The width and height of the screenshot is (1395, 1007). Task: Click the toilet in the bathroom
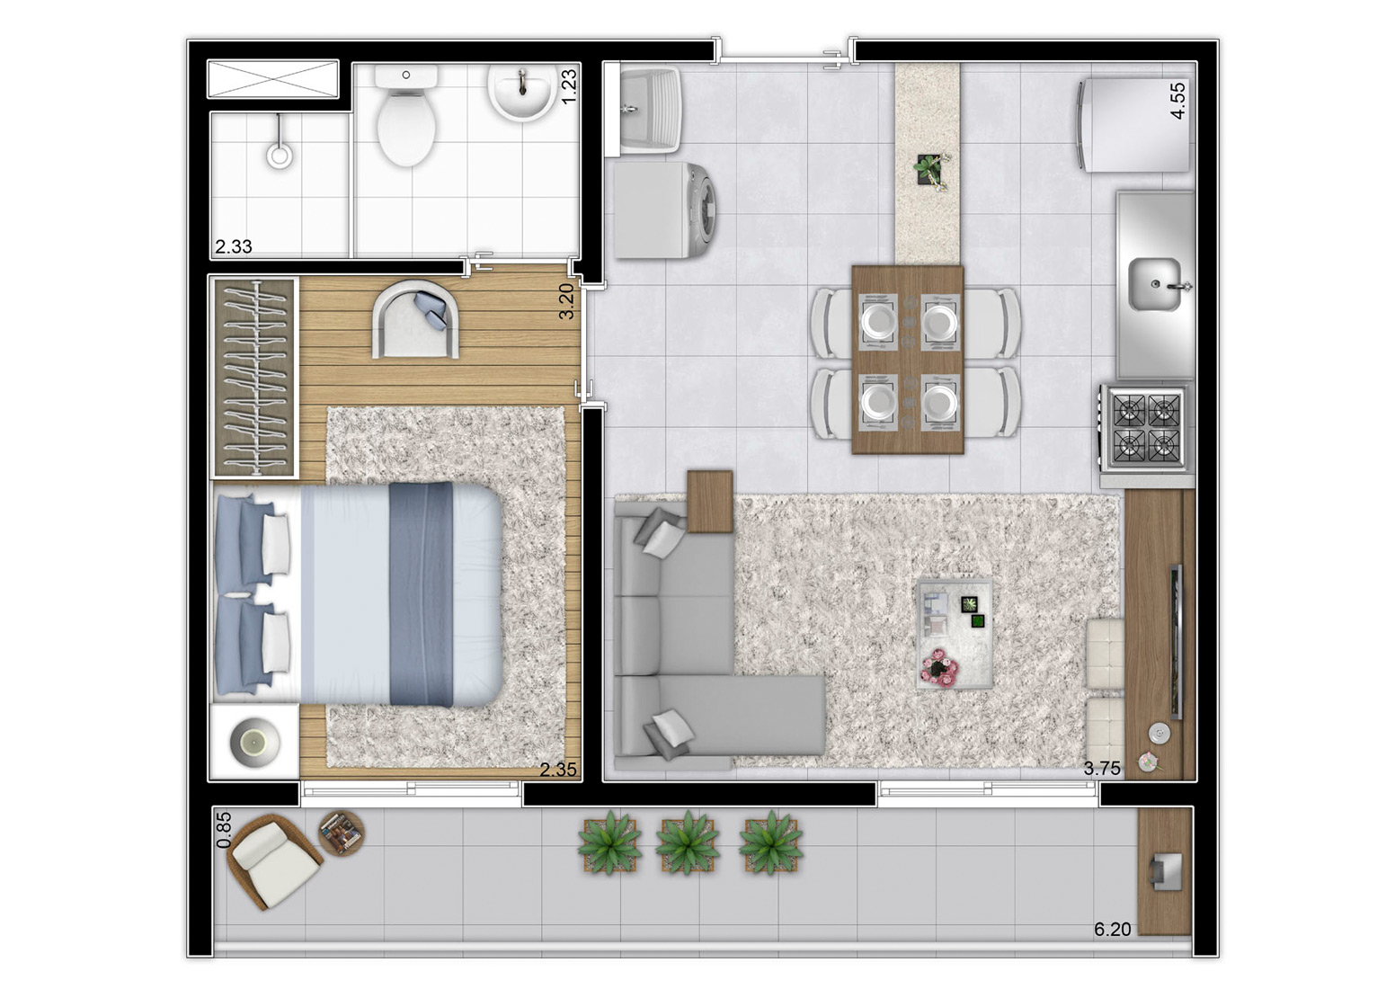(406, 115)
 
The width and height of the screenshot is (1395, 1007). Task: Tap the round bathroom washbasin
(520, 93)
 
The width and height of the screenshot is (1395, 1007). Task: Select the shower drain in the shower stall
(280, 155)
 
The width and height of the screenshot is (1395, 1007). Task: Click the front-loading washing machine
(665, 210)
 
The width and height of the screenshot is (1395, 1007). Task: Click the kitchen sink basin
(1156, 284)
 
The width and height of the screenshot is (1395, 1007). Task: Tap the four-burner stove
(1144, 428)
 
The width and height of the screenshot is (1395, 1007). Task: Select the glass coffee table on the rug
(955, 634)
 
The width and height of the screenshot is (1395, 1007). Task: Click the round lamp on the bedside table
(254, 742)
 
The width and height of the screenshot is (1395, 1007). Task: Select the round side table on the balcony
(342, 833)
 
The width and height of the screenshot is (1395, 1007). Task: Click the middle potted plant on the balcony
(688, 842)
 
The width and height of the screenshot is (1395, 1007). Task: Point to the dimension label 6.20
(1112, 947)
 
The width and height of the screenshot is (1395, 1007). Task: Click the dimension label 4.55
(1177, 101)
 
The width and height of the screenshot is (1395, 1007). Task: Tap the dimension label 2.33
(234, 246)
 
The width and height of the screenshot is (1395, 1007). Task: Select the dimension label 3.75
(1102, 769)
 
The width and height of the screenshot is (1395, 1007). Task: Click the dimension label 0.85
(224, 829)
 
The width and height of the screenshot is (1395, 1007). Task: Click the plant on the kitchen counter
(932, 170)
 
